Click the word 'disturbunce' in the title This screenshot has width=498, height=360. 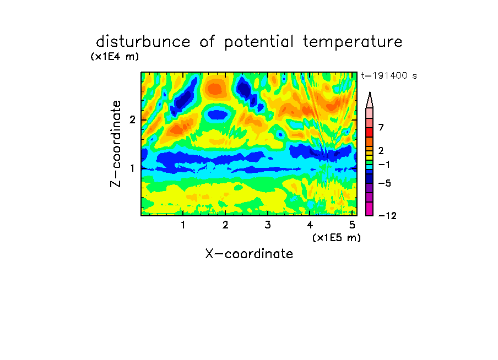(143, 42)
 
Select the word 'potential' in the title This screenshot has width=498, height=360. (259, 42)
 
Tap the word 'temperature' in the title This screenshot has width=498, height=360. (353, 42)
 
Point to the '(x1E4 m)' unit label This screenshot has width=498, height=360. (115, 57)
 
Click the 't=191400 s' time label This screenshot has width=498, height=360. (389, 75)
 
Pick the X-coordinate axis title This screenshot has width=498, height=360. (249, 254)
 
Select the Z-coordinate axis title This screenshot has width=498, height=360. (116, 144)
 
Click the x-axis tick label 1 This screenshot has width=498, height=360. (183, 225)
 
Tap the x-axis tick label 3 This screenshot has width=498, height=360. (268, 225)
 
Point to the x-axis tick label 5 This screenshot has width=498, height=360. (352, 225)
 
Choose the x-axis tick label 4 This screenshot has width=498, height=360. (310, 225)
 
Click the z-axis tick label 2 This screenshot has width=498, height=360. (132, 119)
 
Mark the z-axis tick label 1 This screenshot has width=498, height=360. (132, 168)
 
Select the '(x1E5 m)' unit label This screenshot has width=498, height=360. (337, 238)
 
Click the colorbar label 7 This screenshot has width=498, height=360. (381, 128)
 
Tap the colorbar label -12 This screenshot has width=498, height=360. (387, 216)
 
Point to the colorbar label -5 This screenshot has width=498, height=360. (385, 183)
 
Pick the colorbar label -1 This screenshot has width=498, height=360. (385, 165)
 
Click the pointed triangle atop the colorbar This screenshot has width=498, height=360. (370, 100)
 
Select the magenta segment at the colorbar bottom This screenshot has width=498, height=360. (370, 209)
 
